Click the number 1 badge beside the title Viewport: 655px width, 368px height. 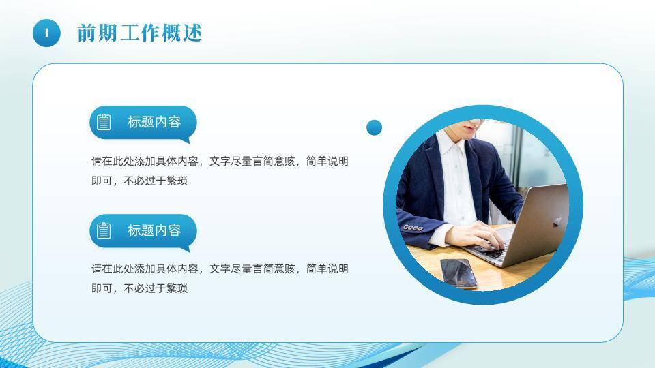(46, 32)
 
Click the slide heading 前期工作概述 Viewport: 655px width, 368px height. (140, 32)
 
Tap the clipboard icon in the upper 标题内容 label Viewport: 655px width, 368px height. (104, 122)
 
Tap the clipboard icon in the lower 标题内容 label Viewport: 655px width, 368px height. (104, 230)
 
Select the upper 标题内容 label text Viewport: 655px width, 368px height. (154, 122)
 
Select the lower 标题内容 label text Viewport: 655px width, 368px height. (154, 230)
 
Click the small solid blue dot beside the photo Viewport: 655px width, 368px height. (374, 127)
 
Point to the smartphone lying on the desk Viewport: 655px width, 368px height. (458, 273)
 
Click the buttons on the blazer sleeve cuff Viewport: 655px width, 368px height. (412, 227)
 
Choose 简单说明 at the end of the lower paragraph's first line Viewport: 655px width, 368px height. (327, 269)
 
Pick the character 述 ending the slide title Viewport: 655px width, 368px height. (192, 32)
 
